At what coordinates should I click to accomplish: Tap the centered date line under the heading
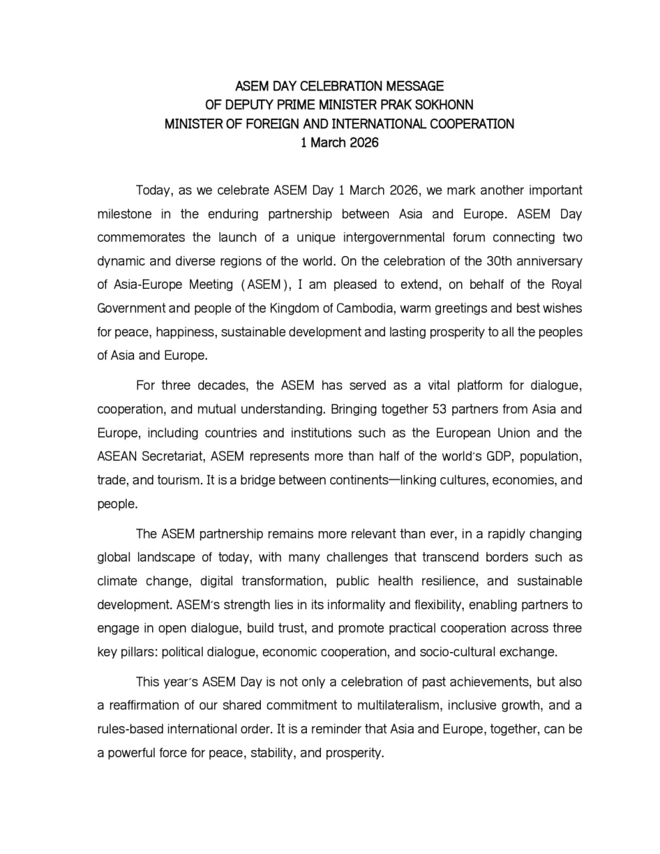[x=340, y=142]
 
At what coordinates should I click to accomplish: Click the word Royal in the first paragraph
[x=566, y=285]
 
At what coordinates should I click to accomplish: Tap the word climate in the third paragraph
[x=117, y=581]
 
